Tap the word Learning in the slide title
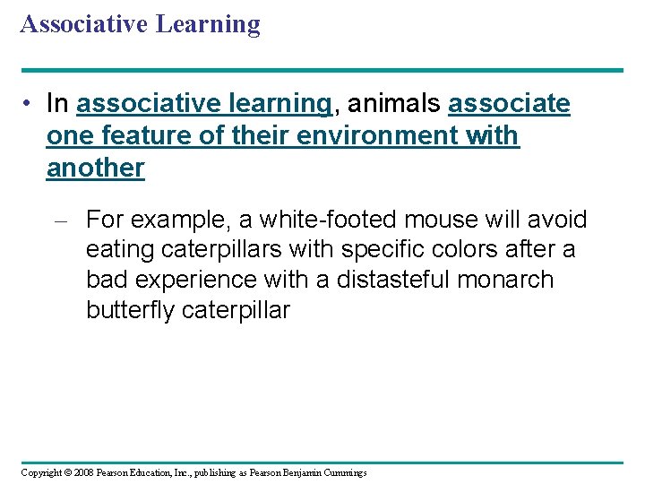click(x=208, y=23)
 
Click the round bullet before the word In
click(x=30, y=105)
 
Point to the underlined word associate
click(x=509, y=104)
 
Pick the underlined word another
click(x=95, y=168)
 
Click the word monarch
click(x=505, y=280)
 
